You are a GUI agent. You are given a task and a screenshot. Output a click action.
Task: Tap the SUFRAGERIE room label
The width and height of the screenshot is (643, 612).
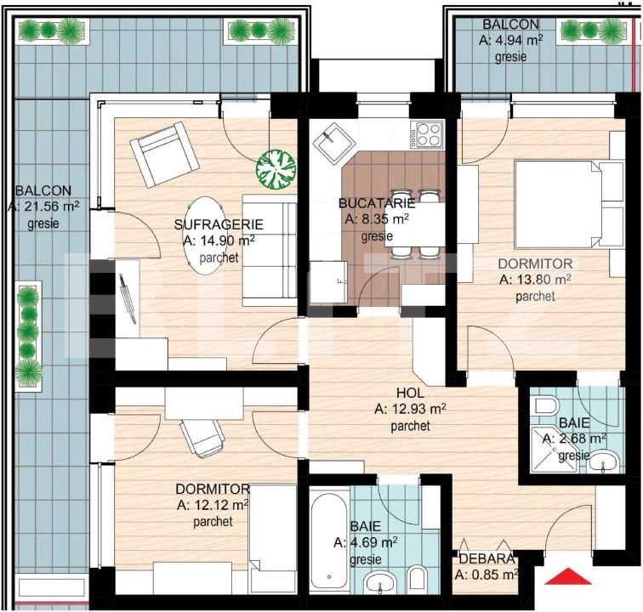click(x=219, y=224)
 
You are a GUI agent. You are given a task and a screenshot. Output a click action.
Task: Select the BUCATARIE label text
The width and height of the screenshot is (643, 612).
click(x=376, y=203)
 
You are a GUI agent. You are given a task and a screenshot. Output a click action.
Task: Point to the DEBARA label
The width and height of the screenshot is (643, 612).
click(x=486, y=558)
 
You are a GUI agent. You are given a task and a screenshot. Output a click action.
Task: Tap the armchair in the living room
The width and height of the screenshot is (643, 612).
click(x=164, y=154)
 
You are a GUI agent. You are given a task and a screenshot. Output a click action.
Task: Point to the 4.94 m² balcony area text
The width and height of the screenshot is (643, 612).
click(x=511, y=40)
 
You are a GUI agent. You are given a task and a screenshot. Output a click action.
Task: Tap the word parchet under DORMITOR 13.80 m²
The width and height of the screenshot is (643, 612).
click(x=535, y=297)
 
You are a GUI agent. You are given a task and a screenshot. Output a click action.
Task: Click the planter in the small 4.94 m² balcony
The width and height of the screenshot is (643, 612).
click(x=592, y=31)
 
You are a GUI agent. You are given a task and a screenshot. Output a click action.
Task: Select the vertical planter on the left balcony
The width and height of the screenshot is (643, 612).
click(x=28, y=335)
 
